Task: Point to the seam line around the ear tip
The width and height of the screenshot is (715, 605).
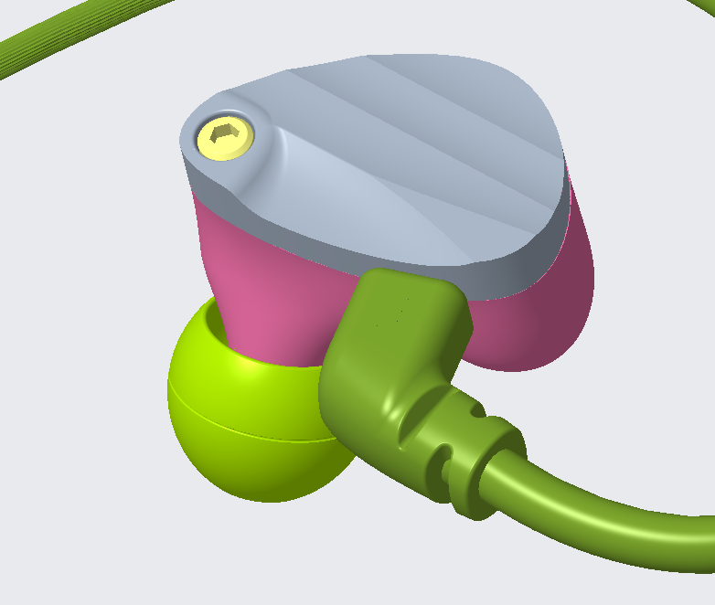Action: click(x=247, y=433)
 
